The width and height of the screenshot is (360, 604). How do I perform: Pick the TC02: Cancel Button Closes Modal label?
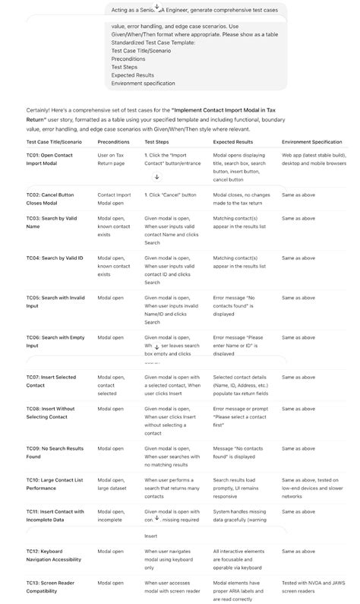[50, 199]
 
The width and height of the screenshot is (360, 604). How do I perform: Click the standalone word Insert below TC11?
[151, 536]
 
